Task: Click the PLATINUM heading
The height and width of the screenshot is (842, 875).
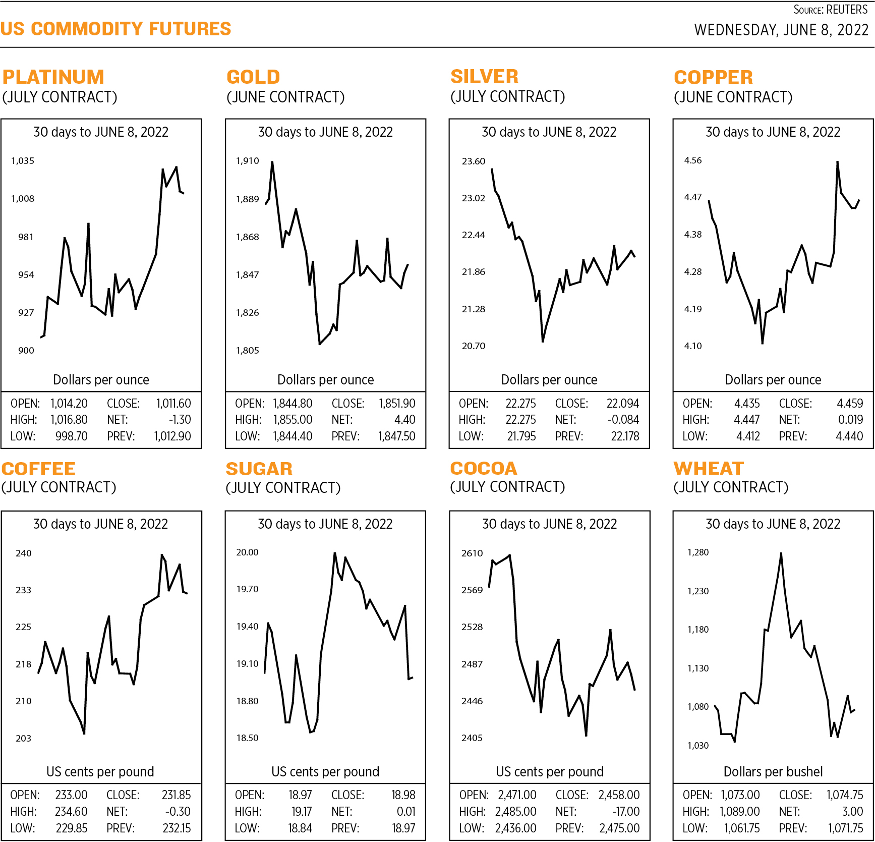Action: (x=53, y=77)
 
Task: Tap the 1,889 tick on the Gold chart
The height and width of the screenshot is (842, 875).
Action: (x=247, y=199)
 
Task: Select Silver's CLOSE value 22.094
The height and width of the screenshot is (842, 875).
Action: (x=622, y=404)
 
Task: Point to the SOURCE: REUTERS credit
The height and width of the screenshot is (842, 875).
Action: (x=830, y=10)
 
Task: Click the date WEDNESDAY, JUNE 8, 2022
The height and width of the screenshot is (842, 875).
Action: (x=781, y=30)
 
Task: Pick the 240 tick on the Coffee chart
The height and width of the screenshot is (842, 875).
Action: (x=24, y=553)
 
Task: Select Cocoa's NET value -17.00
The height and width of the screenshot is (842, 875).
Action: (x=625, y=812)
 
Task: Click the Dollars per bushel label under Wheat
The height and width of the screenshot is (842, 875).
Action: (x=773, y=771)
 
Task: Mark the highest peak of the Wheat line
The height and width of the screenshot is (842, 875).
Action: (x=781, y=553)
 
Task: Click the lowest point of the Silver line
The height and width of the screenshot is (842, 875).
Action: (x=543, y=342)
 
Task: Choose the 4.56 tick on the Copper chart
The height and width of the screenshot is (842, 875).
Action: (x=692, y=160)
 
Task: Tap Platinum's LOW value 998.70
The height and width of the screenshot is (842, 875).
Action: (x=71, y=436)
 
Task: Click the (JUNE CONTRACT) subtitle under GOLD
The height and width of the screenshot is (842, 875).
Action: (x=285, y=97)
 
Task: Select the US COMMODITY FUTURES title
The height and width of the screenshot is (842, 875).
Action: (x=115, y=29)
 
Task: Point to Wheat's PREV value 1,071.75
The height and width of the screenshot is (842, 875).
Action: (x=845, y=828)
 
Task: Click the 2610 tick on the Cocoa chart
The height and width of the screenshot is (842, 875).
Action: (x=472, y=553)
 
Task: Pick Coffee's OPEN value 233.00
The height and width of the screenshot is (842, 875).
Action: (x=71, y=795)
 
